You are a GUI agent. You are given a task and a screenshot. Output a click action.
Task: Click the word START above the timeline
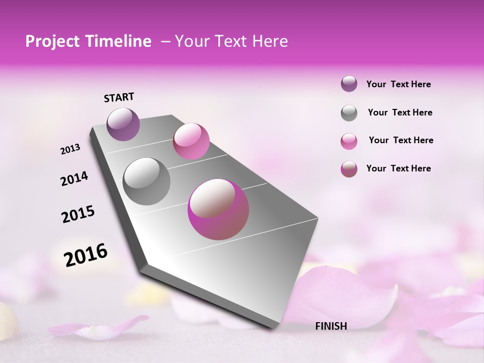click(119, 97)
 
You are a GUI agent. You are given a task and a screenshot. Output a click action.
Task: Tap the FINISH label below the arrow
click(331, 326)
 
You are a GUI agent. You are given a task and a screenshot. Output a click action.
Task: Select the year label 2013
click(71, 149)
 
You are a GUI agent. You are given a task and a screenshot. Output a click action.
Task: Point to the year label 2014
click(74, 178)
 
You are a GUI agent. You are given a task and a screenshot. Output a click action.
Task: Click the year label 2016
click(86, 255)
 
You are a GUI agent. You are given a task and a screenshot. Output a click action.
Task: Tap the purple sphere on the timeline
click(124, 124)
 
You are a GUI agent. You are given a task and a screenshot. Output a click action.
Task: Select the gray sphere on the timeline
click(147, 181)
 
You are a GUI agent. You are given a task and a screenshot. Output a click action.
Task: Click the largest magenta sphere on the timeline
click(218, 209)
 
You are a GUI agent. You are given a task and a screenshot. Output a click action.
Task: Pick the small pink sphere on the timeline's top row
click(191, 141)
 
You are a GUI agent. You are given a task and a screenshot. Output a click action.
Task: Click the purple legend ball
click(349, 84)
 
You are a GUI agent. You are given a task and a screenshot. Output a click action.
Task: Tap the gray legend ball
click(349, 113)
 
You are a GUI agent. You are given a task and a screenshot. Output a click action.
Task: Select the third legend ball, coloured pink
click(349, 141)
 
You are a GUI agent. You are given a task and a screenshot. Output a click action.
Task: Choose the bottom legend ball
click(349, 169)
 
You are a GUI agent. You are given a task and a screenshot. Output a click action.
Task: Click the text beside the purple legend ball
click(399, 84)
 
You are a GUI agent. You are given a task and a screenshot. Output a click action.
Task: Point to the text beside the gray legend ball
click(400, 112)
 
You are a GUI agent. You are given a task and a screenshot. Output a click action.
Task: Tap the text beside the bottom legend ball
click(399, 168)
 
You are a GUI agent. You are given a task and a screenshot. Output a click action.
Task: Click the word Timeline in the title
click(119, 41)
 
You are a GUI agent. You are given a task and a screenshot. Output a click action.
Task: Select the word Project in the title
click(52, 41)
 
